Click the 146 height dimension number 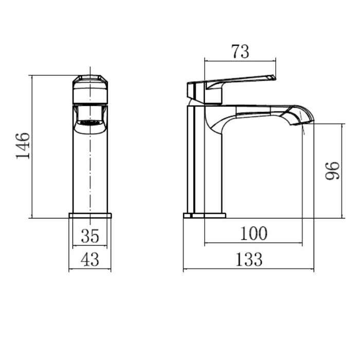(x=23, y=146)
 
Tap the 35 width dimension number (x=90, y=236)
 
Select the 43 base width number (x=90, y=259)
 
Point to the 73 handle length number (x=240, y=51)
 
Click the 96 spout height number (x=332, y=171)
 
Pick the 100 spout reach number (x=254, y=233)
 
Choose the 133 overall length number (x=249, y=259)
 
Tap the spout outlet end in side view (x=302, y=123)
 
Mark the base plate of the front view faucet (x=90, y=215)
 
